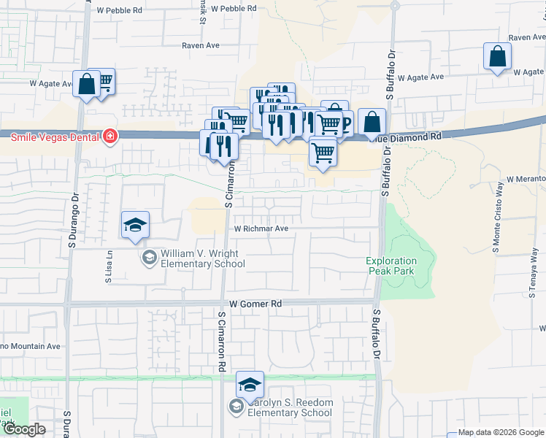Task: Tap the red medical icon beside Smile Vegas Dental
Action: [109, 137]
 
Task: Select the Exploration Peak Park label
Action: [391, 266]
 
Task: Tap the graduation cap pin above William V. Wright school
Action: [135, 226]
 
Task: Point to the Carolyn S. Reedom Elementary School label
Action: [290, 407]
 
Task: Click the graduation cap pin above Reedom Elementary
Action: [250, 385]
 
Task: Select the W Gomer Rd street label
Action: [255, 303]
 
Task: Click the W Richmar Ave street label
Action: [262, 228]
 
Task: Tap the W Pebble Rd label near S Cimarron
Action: [234, 9]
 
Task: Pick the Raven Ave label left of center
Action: [201, 45]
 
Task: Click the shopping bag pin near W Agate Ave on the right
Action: [497, 57]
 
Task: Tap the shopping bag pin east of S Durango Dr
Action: [87, 85]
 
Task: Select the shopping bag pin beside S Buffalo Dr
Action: [372, 122]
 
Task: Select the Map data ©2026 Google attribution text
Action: [501, 432]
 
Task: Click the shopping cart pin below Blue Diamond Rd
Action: [323, 153]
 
